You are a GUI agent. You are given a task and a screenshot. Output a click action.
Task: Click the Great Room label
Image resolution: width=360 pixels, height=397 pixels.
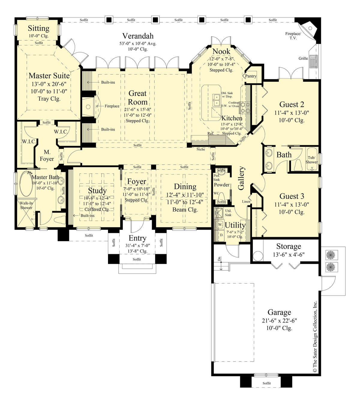(138, 98)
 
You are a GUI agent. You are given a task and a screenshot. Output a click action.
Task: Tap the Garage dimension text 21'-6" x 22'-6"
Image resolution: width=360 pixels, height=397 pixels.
(279, 320)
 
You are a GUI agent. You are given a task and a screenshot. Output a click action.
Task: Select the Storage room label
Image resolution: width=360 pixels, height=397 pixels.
(288, 247)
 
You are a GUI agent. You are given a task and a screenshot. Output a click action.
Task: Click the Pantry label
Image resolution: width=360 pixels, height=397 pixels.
(251, 76)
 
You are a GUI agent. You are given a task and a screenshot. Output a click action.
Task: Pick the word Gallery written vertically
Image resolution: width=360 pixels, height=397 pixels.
(241, 178)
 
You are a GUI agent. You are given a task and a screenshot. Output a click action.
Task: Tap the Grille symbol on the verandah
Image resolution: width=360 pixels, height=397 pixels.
(314, 61)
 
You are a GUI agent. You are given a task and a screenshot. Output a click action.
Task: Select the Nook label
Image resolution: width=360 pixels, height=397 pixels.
(221, 51)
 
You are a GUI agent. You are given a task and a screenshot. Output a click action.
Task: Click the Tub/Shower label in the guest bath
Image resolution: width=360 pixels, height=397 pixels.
(311, 160)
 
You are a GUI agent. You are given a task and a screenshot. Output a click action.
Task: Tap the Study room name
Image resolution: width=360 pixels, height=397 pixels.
(97, 191)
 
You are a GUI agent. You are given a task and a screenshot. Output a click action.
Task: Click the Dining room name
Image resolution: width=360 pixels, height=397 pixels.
(185, 186)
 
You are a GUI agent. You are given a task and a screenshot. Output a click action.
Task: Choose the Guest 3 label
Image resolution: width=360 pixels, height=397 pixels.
(292, 196)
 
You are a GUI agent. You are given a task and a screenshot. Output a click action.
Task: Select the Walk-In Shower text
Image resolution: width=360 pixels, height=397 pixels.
(26, 205)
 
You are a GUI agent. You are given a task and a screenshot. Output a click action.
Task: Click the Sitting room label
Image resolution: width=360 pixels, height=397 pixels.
(38, 29)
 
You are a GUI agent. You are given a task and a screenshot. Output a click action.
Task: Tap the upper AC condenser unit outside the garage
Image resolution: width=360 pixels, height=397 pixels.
(330, 255)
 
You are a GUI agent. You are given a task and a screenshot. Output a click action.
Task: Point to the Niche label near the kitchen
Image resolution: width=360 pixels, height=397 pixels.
(201, 149)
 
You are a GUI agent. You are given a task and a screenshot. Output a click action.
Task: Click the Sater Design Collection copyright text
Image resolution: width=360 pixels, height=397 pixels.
(315, 336)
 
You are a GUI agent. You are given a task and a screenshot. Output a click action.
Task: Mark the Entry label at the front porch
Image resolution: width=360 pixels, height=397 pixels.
(137, 238)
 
